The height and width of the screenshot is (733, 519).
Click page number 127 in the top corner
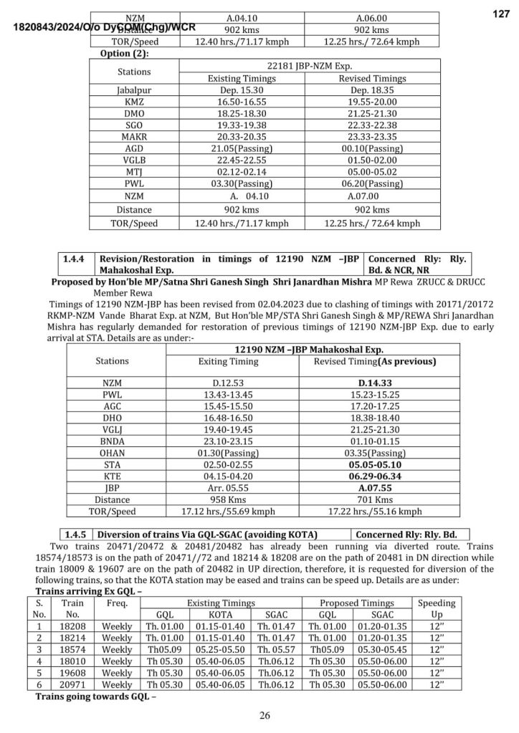(x=500, y=14)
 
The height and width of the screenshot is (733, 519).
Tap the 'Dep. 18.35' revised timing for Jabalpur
(x=371, y=91)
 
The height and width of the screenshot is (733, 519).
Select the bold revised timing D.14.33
(x=371, y=383)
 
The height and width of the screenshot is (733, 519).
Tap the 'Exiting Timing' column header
(x=228, y=362)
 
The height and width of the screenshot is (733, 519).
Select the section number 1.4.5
(x=75, y=534)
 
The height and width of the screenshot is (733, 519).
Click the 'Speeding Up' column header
(x=437, y=608)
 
